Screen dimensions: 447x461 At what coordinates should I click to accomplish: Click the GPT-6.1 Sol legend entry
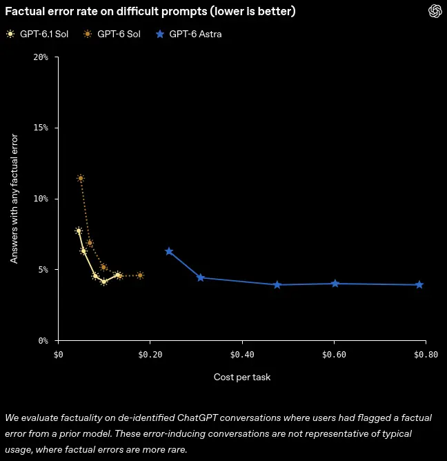37,34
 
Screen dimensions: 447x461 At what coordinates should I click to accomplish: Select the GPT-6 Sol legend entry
112,34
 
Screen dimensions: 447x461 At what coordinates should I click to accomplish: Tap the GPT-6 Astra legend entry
189,34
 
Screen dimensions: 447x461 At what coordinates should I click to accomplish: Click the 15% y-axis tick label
41,128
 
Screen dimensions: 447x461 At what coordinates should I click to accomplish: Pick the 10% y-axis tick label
41,199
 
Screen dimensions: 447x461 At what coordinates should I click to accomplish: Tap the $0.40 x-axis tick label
242,355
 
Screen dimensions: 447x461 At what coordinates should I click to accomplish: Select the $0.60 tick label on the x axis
334,355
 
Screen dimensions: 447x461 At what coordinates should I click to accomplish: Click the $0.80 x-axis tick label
426,355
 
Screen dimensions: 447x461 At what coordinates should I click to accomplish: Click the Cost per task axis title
242,377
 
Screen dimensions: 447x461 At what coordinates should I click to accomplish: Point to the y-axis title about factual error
14,199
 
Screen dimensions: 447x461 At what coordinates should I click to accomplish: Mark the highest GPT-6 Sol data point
81,178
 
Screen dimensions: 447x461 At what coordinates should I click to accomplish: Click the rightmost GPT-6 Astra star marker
419,284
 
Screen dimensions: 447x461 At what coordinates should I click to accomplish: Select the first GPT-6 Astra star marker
169,251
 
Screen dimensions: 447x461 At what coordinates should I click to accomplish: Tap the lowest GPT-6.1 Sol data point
103,282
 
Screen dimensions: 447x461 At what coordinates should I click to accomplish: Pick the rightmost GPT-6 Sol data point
141,275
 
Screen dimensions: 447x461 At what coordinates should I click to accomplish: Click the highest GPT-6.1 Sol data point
79,230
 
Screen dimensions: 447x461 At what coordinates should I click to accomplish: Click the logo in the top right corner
435,12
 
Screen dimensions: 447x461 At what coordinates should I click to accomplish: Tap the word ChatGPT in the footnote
197,418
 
